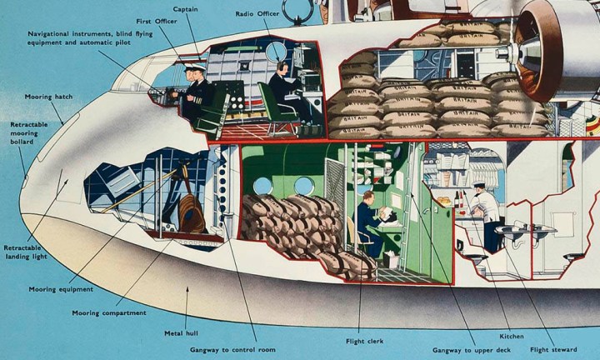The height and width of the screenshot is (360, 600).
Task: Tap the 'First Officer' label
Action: pyautogui.click(x=156, y=20)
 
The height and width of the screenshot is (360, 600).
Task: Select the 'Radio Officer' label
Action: pyautogui.click(x=256, y=14)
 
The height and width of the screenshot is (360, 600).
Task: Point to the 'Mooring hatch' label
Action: pyautogui.click(x=48, y=97)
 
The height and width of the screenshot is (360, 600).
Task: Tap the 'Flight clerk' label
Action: pyautogui.click(x=363, y=341)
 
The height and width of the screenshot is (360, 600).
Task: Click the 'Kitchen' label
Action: pyautogui.click(x=512, y=336)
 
